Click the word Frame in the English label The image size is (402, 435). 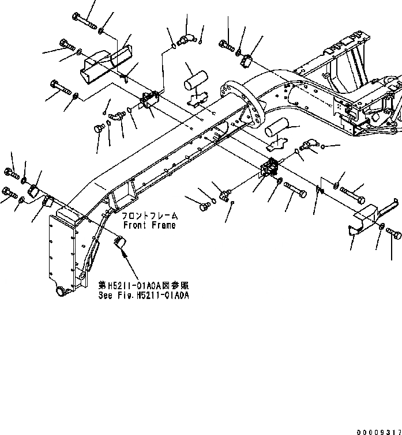pyautogui.click(x=163, y=225)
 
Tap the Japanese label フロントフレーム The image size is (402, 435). pyautogui.click(x=149, y=215)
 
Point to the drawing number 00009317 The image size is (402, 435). pyautogui.click(x=377, y=429)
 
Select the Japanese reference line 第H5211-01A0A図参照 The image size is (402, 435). pyautogui.click(x=143, y=286)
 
